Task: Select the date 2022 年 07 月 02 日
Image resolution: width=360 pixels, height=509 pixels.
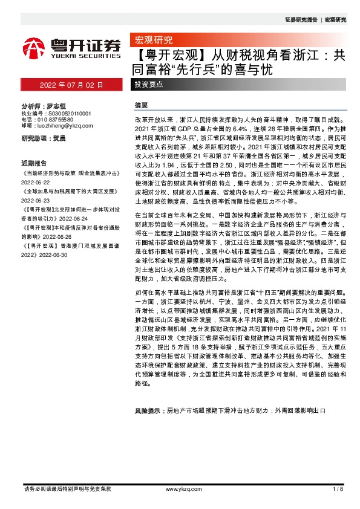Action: click(71, 85)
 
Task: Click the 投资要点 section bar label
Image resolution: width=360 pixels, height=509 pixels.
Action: click(149, 85)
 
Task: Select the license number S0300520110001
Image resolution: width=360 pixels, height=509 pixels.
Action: click(68, 113)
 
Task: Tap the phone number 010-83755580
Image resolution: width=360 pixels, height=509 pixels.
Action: click(59, 120)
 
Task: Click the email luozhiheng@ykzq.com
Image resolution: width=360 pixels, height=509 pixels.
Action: click(63, 126)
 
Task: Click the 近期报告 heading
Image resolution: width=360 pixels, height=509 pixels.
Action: click(34, 163)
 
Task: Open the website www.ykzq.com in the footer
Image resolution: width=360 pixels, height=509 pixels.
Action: click(178, 488)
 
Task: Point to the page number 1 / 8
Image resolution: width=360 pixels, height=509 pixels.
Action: click(338, 488)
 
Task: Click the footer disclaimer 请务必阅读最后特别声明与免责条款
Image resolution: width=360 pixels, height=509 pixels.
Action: click(67, 488)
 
